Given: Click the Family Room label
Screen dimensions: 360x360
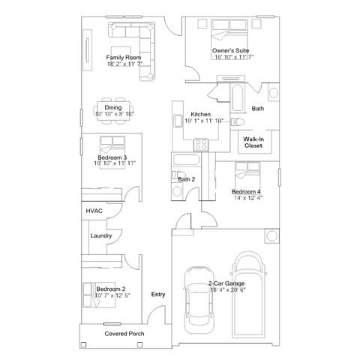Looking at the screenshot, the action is (124, 58).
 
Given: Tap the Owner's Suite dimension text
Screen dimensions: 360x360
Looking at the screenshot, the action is (234, 57).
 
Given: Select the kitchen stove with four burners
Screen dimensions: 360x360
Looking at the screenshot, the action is (201, 145).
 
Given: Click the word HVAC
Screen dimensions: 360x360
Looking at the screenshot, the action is (94, 211).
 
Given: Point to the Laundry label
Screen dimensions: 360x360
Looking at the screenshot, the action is (101, 235).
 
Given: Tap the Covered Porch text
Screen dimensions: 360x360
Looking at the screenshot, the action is (124, 334).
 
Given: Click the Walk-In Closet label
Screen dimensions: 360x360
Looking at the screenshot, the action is (253, 142).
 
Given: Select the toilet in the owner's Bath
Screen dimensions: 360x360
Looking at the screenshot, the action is (237, 121).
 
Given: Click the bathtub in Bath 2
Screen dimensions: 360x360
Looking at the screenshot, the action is (186, 160).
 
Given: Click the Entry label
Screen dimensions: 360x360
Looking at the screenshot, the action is (158, 295).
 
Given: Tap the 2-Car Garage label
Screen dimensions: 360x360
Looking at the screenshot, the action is (226, 283).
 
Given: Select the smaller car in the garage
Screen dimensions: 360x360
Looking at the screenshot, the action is (199, 300).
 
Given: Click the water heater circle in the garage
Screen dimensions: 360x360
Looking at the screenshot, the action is (271, 235).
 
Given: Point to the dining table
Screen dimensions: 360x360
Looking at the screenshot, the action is (113, 111).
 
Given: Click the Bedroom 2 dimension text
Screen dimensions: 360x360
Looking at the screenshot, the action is (112, 295).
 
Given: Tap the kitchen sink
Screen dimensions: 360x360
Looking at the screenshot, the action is (178, 121).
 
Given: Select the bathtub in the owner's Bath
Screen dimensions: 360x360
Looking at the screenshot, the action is (238, 97).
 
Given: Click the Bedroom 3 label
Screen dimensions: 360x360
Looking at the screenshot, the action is (112, 157).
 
